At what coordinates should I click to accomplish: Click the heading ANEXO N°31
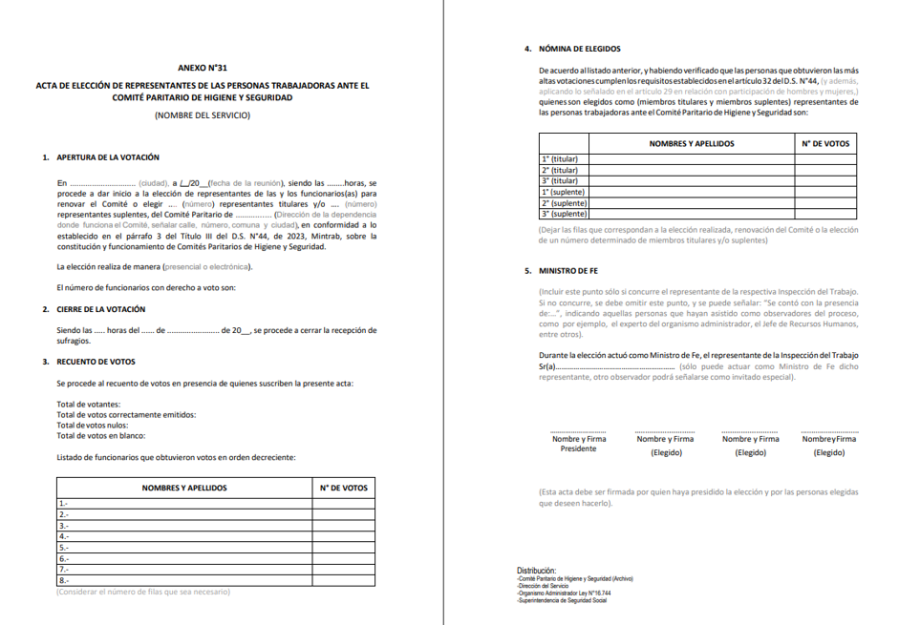tap(203, 69)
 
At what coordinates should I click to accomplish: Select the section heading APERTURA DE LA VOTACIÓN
tap(108, 156)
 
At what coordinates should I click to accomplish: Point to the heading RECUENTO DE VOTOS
tap(96, 362)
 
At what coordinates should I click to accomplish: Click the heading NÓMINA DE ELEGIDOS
tap(580, 48)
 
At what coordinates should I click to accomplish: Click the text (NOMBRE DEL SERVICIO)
tap(202, 115)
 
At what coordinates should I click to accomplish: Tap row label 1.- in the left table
tap(64, 503)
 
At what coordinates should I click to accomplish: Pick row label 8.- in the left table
tap(64, 579)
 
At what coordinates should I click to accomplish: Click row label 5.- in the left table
tap(64, 547)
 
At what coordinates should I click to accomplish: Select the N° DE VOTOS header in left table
tap(343, 488)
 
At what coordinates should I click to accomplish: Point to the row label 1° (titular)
tap(560, 159)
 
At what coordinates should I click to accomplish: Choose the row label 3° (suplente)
tap(562, 214)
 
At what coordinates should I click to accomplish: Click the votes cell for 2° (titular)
tap(825, 170)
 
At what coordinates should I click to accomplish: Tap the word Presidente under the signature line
tap(578, 448)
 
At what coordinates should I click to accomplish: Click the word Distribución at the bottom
tap(536, 571)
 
